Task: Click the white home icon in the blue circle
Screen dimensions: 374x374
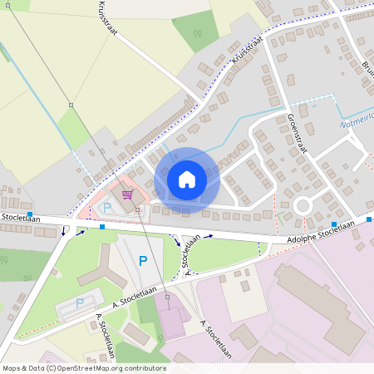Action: pos(187,179)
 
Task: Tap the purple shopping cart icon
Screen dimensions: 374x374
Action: pos(126,194)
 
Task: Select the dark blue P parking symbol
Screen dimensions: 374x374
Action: pos(143,260)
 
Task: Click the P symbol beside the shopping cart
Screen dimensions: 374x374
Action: pos(107,207)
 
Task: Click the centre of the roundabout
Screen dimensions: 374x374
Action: pos(301,204)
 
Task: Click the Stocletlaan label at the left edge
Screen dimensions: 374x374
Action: pos(15,217)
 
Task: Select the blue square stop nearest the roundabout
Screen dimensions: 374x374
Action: pos(334,225)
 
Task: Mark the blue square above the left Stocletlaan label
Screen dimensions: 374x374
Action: pos(30,214)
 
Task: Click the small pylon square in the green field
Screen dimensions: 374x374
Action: pos(71,105)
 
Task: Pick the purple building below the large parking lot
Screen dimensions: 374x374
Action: pos(173,321)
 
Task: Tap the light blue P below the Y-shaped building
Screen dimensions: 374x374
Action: pos(81,303)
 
